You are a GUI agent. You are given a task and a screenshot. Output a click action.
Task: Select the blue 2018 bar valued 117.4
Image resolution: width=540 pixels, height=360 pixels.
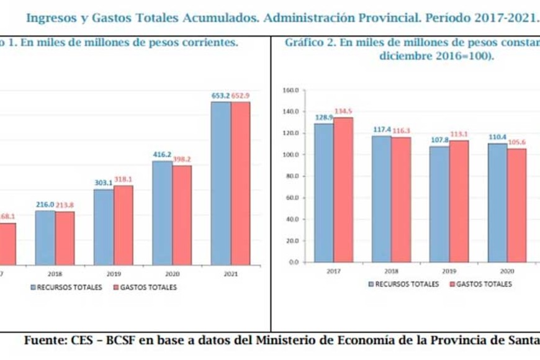[381, 199]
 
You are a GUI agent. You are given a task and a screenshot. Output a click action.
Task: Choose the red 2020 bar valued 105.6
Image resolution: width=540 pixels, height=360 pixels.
[516, 205]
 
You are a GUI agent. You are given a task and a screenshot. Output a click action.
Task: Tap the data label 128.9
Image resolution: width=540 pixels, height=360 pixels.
[323, 117]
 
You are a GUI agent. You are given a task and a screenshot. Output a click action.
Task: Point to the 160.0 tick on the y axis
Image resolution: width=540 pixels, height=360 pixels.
[292, 90]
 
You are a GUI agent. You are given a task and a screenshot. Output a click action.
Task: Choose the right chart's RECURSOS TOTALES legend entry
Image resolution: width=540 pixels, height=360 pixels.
[407, 284]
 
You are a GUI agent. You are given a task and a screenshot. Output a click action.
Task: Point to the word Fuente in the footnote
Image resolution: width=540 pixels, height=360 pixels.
[46, 341]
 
